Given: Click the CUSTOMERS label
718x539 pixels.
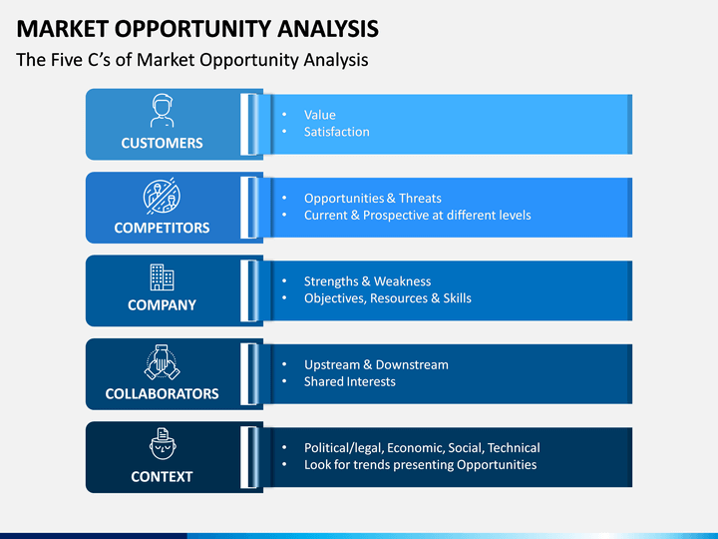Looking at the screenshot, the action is tap(162, 143).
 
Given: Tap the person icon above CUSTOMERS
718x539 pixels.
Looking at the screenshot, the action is tap(163, 111).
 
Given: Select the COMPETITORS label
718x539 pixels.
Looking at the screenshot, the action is tap(162, 228).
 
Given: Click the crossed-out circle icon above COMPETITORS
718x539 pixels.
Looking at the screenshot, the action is tap(162, 197).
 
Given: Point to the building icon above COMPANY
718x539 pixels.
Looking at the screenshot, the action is tap(162, 276).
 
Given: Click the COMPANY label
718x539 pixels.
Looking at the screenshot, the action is tap(162, 304).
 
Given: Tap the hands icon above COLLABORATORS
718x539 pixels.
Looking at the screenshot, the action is tap(162, 362).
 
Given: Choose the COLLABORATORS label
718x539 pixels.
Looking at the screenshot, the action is tap(162, 393).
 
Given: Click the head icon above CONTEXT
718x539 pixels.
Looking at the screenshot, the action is tap(163, 443).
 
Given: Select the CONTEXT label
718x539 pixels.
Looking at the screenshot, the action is tap(162, 477).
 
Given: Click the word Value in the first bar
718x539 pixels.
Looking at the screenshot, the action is tap(320, 115).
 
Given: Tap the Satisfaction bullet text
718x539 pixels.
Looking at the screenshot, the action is tap(337, 132).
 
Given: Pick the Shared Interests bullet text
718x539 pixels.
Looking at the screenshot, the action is tap(349, 381).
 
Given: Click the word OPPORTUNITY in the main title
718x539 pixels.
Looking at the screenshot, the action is tap(192, 28).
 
